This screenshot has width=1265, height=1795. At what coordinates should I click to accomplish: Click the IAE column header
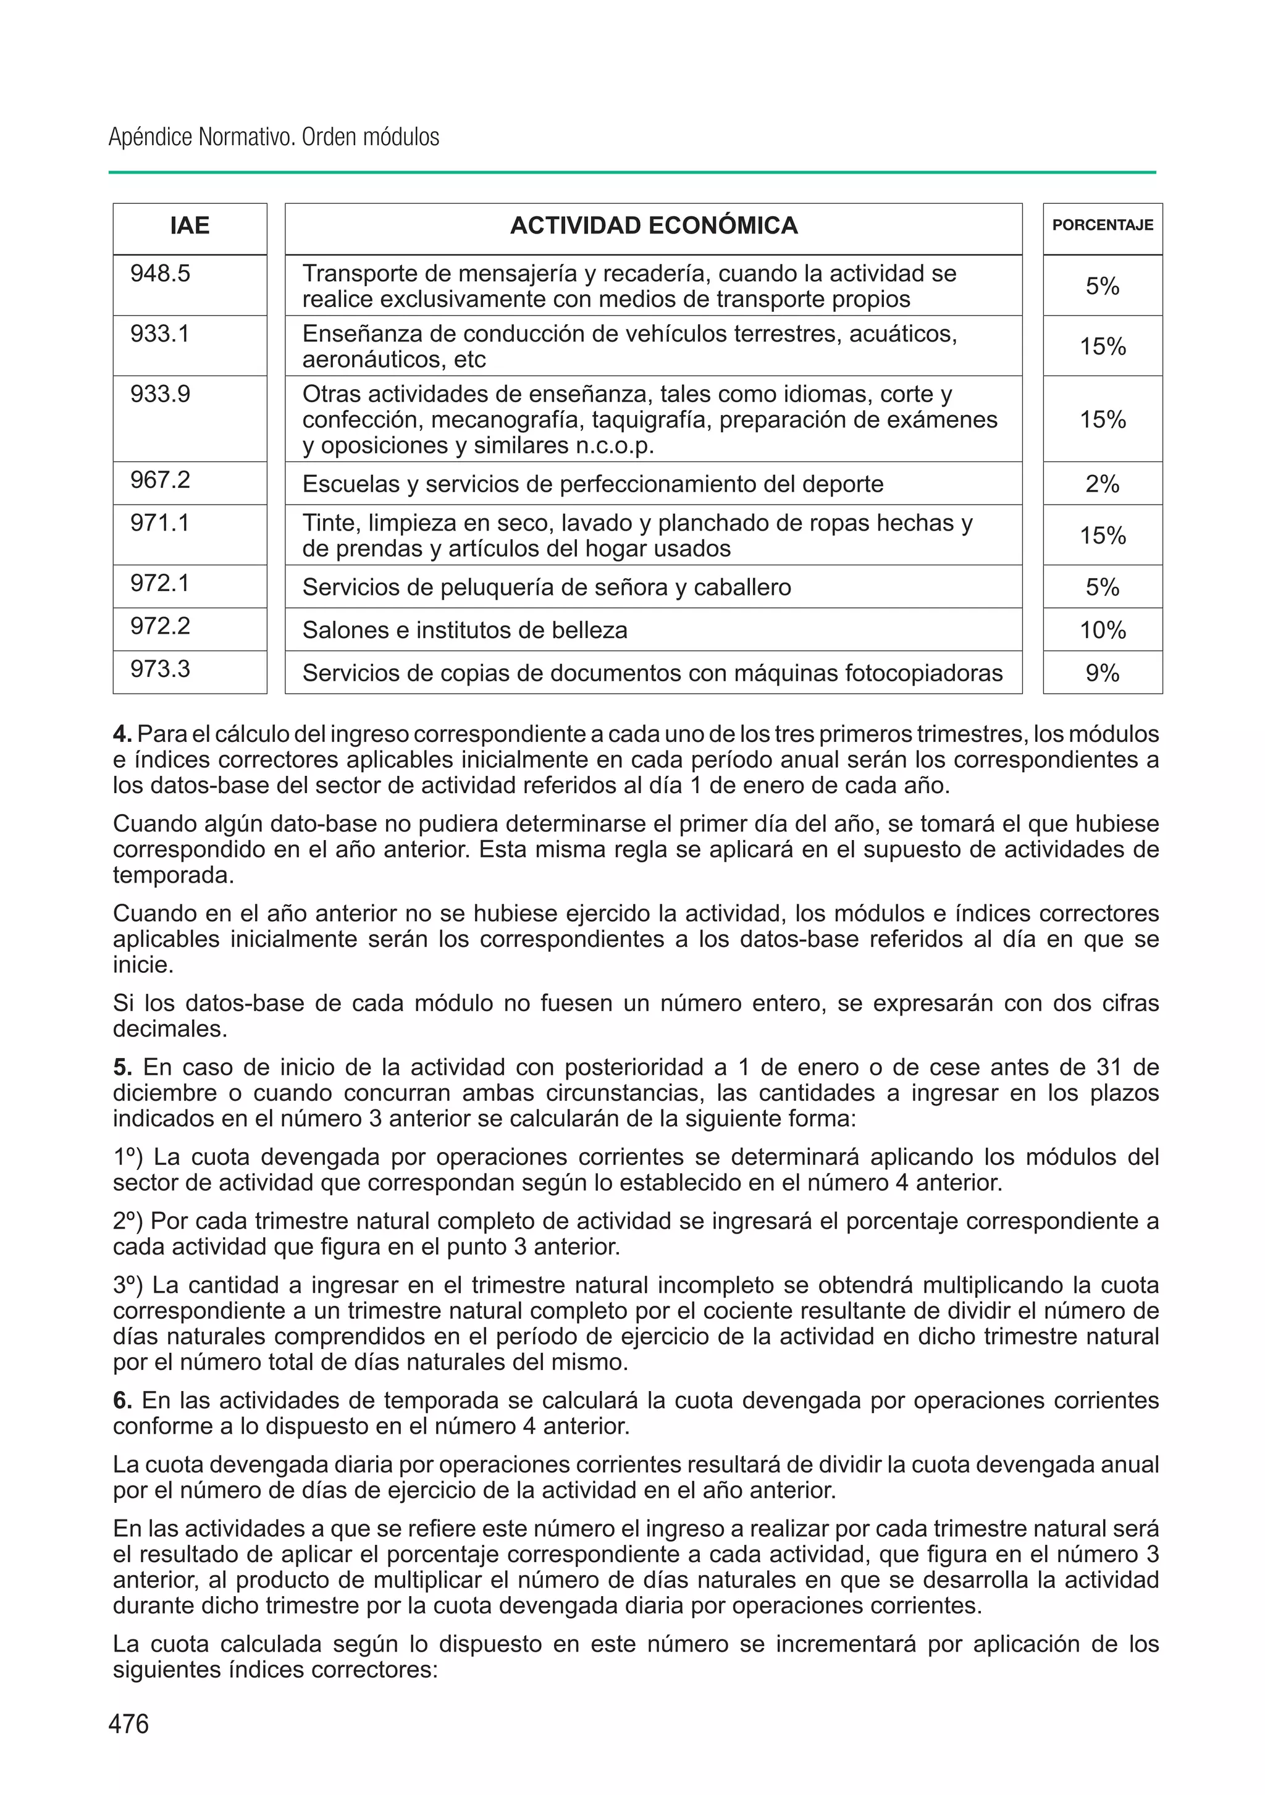click(190, 226)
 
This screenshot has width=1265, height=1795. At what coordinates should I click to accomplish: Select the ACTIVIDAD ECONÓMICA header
click(654, 226)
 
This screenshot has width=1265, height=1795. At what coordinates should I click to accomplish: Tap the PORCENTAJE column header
click(1103, 225)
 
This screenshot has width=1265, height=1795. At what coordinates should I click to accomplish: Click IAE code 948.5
click(160, 274)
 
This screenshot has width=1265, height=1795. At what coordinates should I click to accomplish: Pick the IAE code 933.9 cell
click(160, 394)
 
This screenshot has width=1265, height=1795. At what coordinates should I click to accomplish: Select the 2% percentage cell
click(1103, 484)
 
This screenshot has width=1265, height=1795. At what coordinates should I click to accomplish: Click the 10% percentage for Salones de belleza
click(1103, 630)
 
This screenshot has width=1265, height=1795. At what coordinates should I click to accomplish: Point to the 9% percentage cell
click(1103, 673)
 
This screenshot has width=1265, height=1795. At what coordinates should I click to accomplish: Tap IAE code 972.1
click(160, 583)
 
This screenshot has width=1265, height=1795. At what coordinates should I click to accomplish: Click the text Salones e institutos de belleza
click(464, 630)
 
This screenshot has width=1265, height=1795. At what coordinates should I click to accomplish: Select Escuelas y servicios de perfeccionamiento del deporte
click(592, 484)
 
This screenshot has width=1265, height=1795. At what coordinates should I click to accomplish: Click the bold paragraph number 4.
click(122, 734)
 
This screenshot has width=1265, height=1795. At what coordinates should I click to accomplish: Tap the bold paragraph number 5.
click(122, 1067)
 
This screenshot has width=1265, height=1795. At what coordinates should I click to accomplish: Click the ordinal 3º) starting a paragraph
click(128, 1285)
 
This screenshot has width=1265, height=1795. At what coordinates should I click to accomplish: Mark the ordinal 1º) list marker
click(128, 1156)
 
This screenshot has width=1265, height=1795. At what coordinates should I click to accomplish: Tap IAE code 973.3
click(160, 669)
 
